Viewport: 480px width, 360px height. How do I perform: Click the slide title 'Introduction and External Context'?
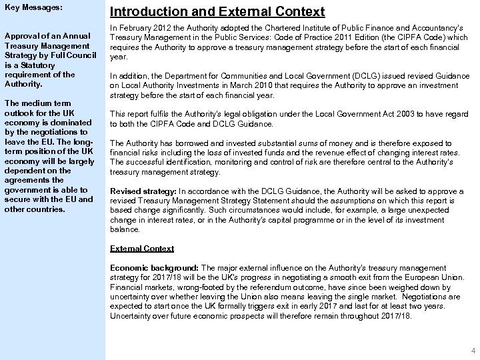pos(217,12)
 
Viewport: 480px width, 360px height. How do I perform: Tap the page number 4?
pos(472,351)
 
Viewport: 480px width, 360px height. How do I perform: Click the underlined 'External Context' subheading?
pos(142,248)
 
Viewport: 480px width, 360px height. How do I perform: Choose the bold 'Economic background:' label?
pos(151,267)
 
